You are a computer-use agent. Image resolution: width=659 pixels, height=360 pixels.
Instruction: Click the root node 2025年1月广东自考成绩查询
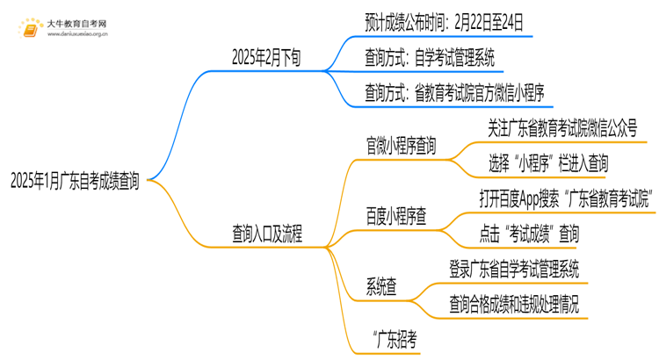tap(75, 182)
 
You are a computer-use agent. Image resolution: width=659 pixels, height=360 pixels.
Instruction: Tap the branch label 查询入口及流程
tap(266, 234)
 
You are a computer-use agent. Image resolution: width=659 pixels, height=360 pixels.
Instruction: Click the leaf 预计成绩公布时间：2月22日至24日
tap(448, 22)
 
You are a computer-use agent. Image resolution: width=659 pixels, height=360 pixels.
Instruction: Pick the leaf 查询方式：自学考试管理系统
tap(430, 58)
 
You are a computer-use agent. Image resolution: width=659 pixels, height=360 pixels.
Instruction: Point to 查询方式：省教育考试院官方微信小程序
tap(460, 90)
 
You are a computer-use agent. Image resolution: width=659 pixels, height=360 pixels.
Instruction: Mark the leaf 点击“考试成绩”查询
tap(529, 233)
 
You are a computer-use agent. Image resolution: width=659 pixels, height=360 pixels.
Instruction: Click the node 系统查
tap(385, 286)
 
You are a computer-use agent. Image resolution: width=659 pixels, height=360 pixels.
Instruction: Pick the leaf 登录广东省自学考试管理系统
tap(513, 268)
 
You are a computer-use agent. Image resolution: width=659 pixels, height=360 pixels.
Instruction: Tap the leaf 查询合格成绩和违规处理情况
tap(513, 304)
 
